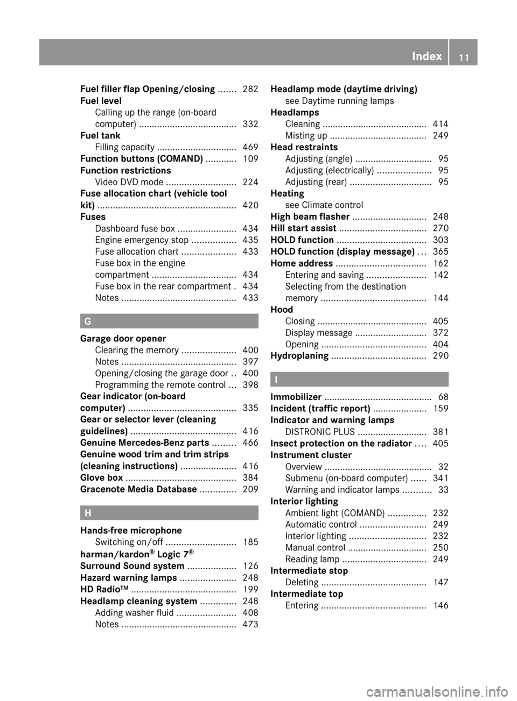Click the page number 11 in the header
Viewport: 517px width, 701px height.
(x=464, y=57)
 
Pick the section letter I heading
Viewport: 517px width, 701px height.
(x=276, y=379)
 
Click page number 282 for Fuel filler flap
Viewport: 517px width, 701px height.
(x=250, y=89)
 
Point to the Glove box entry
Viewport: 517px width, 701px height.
(x=102, y=478)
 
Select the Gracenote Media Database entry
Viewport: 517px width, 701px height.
(x=138, y=489)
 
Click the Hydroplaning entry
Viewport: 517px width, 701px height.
(x=299, y=356)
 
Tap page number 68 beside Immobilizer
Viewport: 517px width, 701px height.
(x=443, y=397)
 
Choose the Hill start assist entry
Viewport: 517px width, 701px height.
(x=303, y=228)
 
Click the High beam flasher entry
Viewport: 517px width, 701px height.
(x=310, y=216)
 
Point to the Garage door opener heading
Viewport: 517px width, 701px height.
(x=123, y=339)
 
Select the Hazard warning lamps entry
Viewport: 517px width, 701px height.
(x=128, y=578)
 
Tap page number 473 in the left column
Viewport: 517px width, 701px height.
(x=250, y=625)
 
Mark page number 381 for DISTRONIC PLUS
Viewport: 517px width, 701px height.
(x=441, y=432)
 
